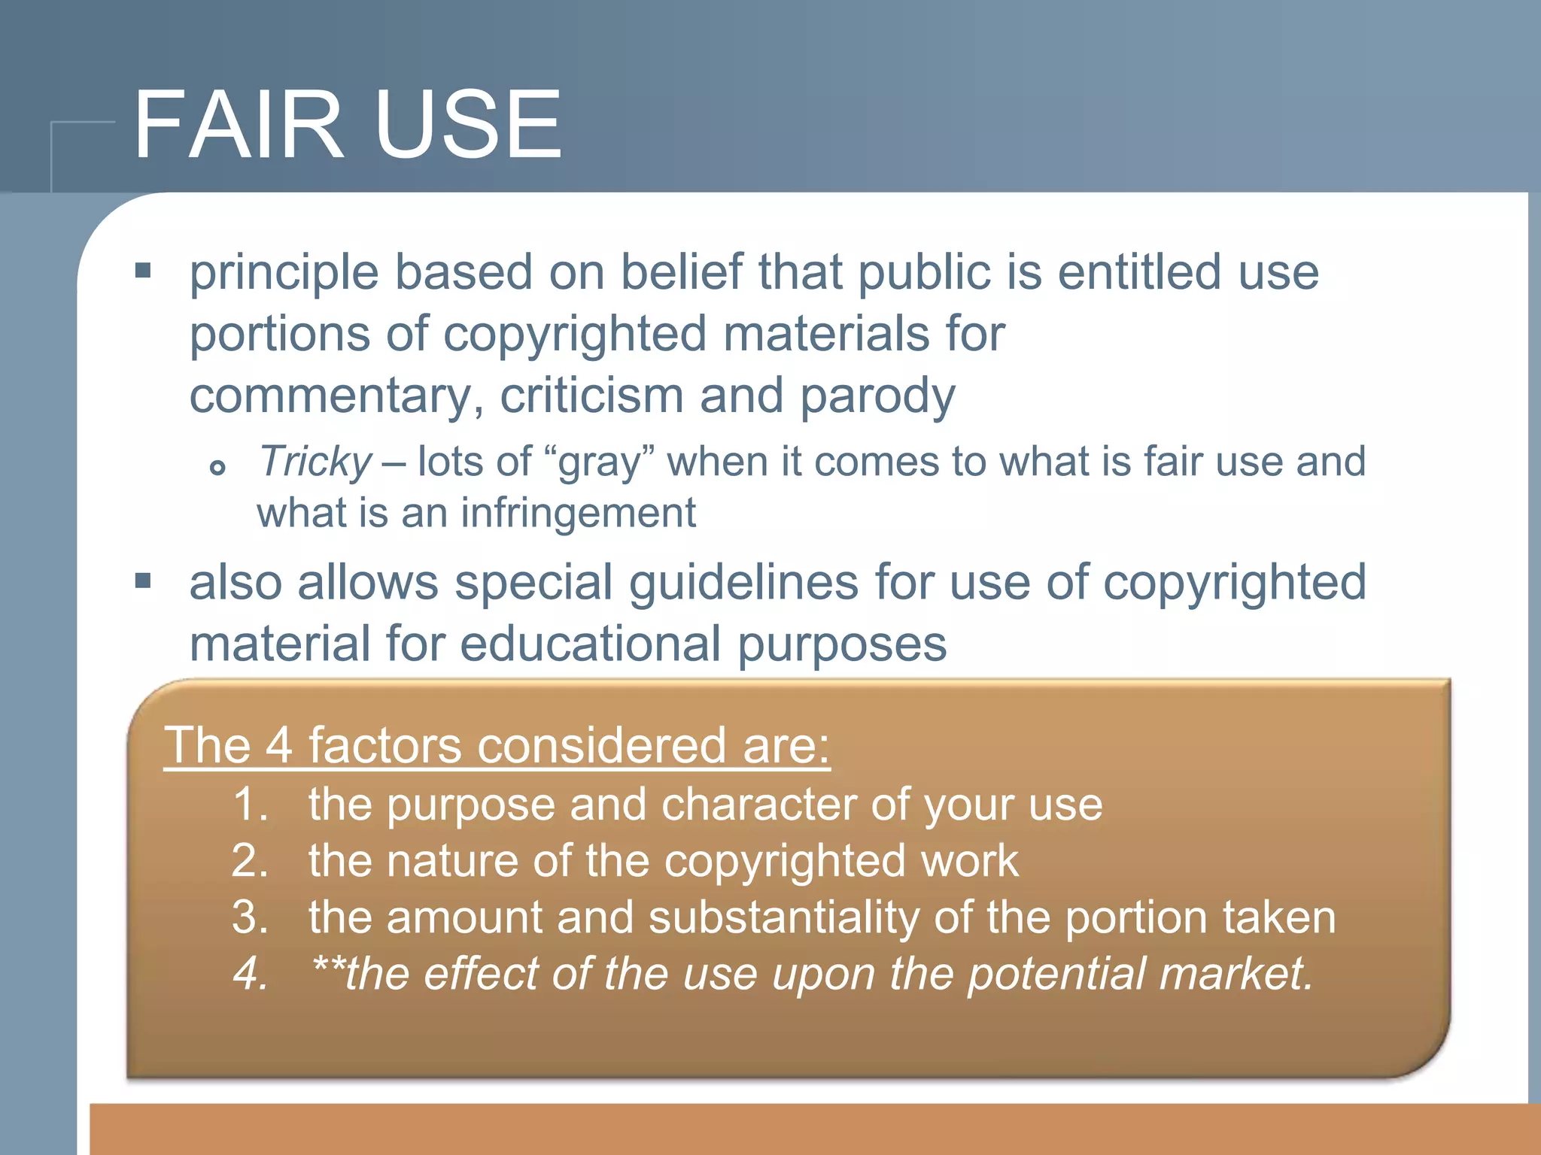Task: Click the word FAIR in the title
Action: (239, 125)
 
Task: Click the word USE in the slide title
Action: (467, 125)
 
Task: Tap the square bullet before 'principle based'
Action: (143, 270)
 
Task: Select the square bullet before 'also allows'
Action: (143, 581)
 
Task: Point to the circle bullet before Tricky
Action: (217, 468)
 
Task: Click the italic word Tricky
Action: (315, 461)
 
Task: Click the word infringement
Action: (578, 514)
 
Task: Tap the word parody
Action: (877, 396)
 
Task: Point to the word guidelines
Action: (743, 583)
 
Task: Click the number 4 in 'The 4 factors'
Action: (279, 745)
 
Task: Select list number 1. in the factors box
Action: (251, 804)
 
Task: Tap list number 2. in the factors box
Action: (251, 860)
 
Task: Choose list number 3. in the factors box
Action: (251, 917)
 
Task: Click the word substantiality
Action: (783, 918)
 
